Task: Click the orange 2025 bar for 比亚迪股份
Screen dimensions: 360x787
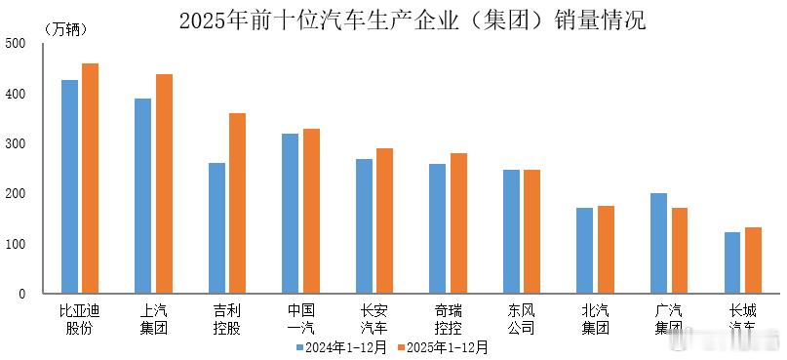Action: pos(90,179)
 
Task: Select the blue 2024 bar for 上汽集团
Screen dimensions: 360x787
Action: pos(143,195)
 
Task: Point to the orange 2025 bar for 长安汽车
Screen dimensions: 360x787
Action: pos(384,220)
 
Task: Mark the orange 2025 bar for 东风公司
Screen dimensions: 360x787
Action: pos(531,231)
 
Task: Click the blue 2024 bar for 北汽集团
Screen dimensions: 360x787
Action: pos(585,250)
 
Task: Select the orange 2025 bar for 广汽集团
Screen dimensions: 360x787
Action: pos(679,250)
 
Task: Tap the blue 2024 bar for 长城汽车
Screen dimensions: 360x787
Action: pos(732,262)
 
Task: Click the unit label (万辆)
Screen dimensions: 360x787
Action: pos(66,29)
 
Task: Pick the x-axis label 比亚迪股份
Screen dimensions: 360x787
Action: pos(80,319)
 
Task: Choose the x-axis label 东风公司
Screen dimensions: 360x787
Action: pos(522,319)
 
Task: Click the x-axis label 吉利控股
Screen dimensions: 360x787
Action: pos(227,319)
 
